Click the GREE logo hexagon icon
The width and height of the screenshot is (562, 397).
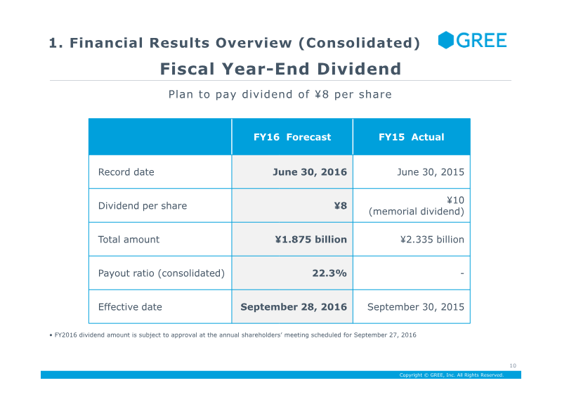pyautogui.click(x=446, y=40)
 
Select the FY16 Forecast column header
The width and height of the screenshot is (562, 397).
pyautogui.click(x=292, y=137)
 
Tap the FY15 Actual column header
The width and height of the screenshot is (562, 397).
pyautogui.click(x=412, y=137)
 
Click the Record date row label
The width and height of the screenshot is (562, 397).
pyautogui.click(x=126, y=172)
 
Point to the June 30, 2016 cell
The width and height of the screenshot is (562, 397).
pyautogui.click(x=310, y=172)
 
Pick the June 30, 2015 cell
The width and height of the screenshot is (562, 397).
pyautogui.click(x=431, y=172)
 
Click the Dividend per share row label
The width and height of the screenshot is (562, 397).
pyautogui.click(x=143, y=206)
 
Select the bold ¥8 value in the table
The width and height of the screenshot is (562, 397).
pyautogui.click(x=341, y=206)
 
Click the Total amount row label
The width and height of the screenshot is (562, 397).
pyautogui.click(x=129, y=240)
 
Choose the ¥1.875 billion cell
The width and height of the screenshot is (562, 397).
pyautogui.click(x=311, y=240)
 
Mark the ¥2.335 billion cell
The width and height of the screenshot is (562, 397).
pyautogui.click(x=432, y=240)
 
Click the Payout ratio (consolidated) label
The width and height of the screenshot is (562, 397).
pyautogui.click(x=162, y=273)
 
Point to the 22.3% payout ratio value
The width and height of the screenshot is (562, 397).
pyautogui.click(x=329, y=273)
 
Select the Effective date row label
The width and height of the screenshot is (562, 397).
pyautogui.click(x=130, y=307)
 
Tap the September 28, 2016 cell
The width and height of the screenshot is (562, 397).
pyautogui.click(x=294, y=307)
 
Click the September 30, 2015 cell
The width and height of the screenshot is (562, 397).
pyautogui.click(x=416, y=307)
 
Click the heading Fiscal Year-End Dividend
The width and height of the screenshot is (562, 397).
pyautogui.click(x=280, y=69)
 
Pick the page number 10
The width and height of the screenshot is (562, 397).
pyautogui.click(x=513, y=365)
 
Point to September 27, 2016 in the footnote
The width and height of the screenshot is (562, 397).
pyautogui.click(x=385, y=335)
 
